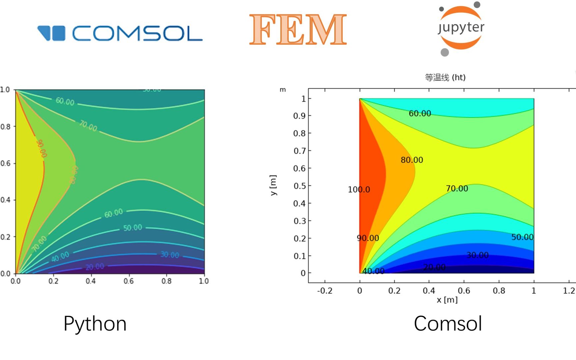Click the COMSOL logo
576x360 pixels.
[120, 33]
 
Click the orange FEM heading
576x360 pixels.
[298, 30]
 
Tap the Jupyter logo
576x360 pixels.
[461, 29]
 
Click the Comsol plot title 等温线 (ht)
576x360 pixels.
[445, 77]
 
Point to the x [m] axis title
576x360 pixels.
[447, 300]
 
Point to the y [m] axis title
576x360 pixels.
[273, 185]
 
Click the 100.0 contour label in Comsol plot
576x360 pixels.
[359, 189]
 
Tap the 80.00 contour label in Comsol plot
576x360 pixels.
[412, 160]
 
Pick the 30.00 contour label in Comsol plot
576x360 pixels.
[477, 255]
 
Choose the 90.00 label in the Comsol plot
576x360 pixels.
[368, 238]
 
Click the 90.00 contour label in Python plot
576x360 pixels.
[41, 148]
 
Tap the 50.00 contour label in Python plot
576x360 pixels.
[133, 228]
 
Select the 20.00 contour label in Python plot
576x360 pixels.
[95, 267]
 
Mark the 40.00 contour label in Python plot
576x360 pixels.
[60, 257]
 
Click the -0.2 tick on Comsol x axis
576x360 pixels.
[325, 291]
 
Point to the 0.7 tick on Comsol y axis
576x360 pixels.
[299, 151]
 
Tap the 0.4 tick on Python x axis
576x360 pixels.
[91, 281]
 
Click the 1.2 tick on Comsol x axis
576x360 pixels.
[569, 291]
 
